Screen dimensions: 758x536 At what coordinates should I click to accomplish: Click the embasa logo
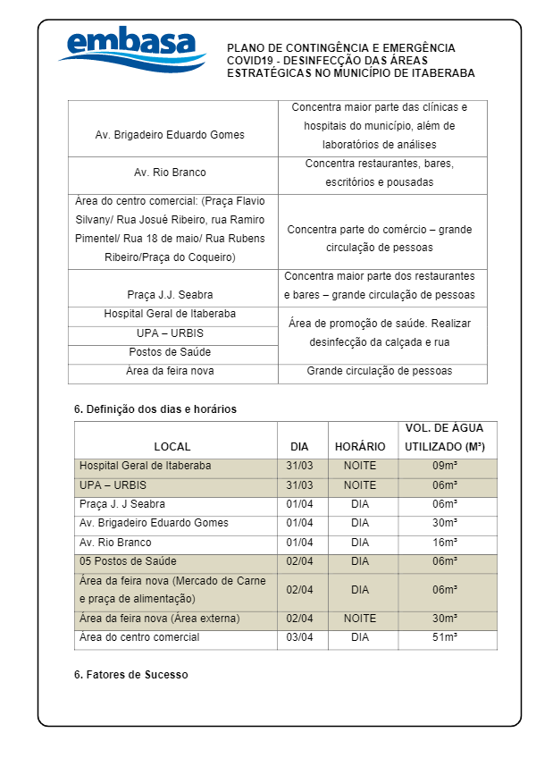point(131,52)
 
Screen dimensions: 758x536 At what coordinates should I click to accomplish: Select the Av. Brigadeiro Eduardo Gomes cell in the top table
point(170,135)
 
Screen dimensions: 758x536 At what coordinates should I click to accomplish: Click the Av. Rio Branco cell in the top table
point(170,173)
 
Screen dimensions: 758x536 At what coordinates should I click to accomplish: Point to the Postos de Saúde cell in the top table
point(170,352)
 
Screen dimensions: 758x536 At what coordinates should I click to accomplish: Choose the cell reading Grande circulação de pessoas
point(380,371)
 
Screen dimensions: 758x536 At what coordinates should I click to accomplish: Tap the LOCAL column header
point(172,446)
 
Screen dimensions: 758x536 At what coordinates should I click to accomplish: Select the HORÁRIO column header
point(360,446)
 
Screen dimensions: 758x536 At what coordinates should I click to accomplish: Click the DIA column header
point(299,446)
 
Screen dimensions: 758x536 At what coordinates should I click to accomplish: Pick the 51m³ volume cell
point(445,637)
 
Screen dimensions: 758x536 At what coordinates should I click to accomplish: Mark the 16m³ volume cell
point(445,543)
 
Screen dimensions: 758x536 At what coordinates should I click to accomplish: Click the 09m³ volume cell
point(445,466)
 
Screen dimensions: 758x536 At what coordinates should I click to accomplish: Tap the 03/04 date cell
point(299,637)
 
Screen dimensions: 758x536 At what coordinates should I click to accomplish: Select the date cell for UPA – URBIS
point(299,485)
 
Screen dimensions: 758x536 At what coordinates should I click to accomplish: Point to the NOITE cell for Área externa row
point(360,619)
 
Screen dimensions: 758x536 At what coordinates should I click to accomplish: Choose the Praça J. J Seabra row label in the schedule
point(122,504)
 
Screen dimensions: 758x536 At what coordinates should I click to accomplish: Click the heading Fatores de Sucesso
point(131,675)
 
